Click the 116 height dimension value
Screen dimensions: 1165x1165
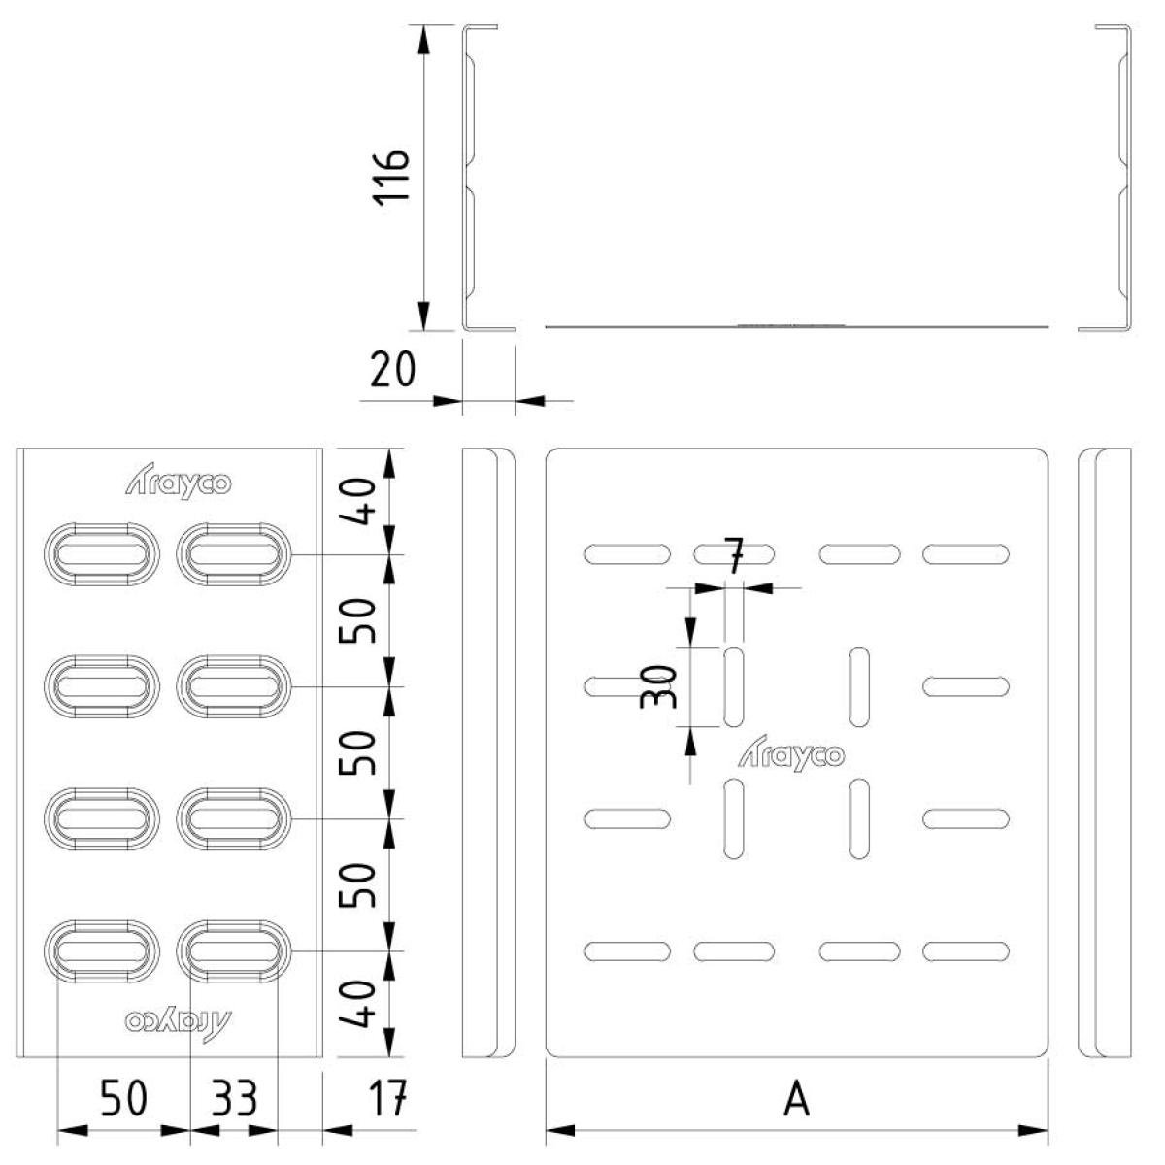coord(392,178)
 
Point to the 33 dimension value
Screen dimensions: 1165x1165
coord(234,1098)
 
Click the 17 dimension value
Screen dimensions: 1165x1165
coord(387,1098)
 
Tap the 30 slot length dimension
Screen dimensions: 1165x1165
coord(658,686)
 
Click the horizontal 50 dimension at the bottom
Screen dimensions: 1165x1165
coord(124,1098)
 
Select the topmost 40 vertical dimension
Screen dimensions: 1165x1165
coord(357,502)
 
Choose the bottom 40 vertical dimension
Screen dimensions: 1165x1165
coord(357,1004)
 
